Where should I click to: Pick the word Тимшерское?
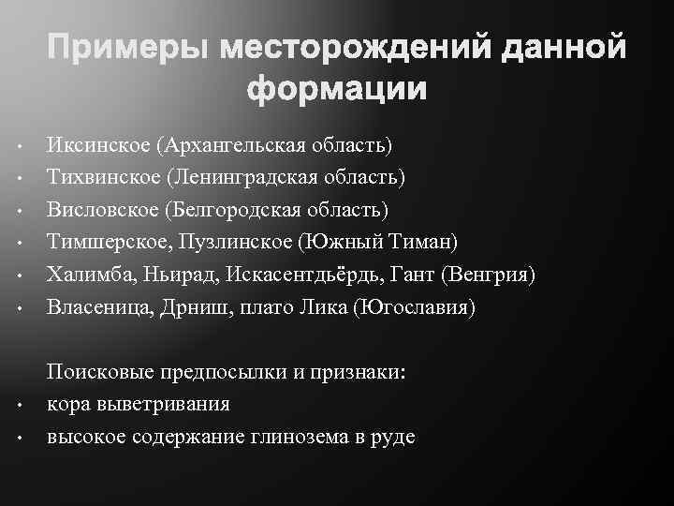click(x=108, y=243)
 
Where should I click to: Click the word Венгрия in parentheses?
click(x=491, y=275)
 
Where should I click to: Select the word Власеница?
click(x=96, y=307)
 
